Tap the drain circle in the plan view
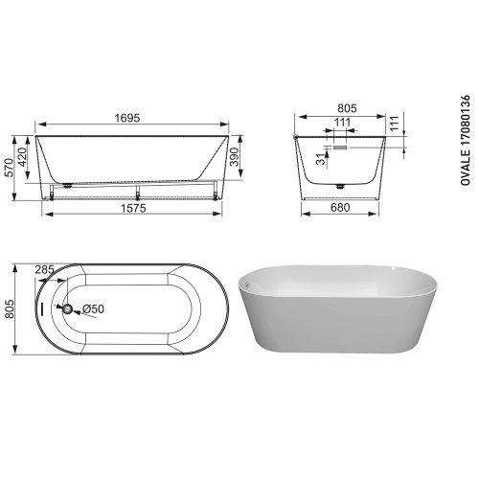(68, 308)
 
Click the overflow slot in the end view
(339, 148)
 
